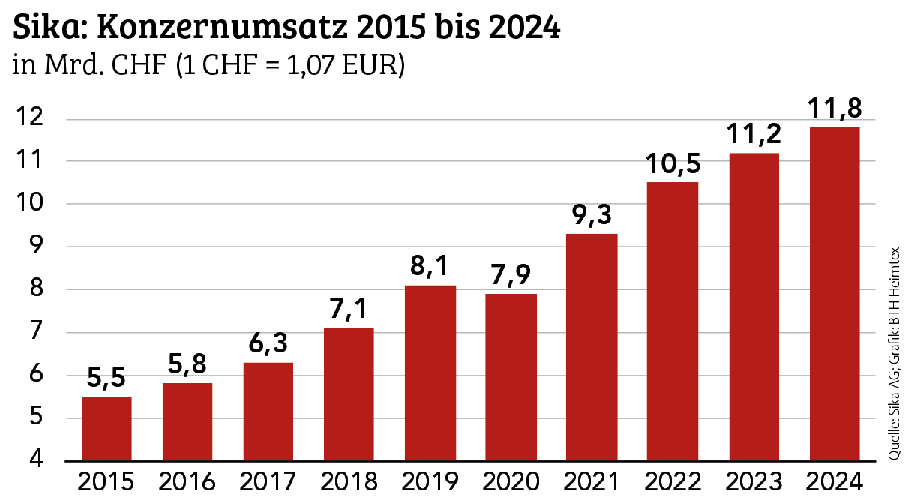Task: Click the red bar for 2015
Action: (106, 428)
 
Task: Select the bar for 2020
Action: (511, 376)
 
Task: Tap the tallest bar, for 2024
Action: (835, 293)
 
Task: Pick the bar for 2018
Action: (349, 394)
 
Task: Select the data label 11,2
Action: (753, 135)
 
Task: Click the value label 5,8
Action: (187, 366)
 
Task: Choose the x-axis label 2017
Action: (268, 480)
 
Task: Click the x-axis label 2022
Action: (673, 480)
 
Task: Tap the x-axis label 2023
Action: (754, 480)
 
